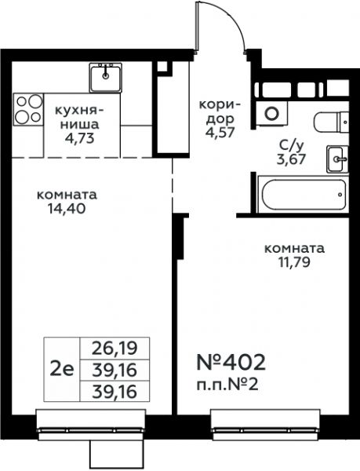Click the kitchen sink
105,78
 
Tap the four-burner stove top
28,109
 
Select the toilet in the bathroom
332,122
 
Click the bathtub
303,194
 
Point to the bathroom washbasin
337,159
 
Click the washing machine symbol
272,113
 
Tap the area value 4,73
81,138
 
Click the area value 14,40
67,208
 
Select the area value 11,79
295,262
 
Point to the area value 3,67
291,159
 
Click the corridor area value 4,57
220,133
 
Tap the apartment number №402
231,362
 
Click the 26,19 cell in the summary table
115,349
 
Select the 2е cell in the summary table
62,370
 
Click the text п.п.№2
227,385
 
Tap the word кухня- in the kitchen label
80,111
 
